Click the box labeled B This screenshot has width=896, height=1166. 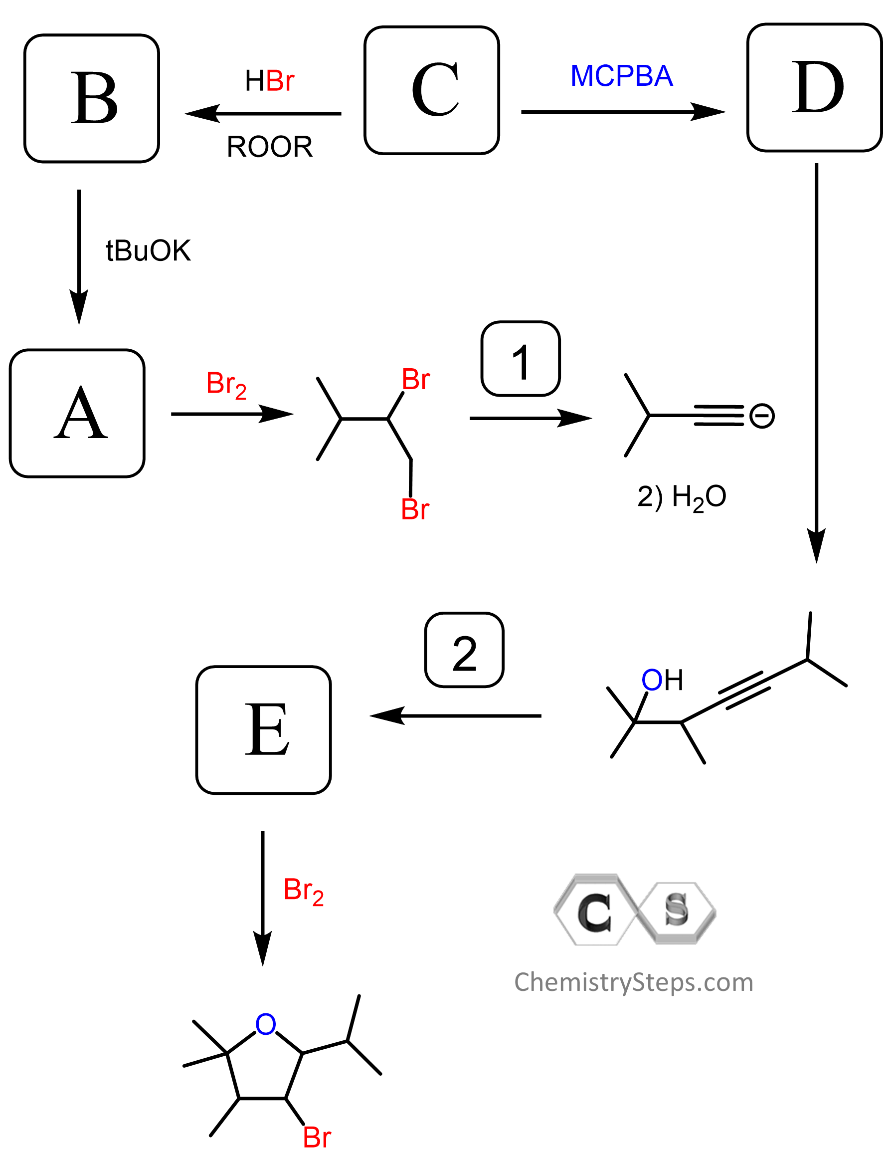92,98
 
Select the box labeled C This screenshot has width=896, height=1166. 431,90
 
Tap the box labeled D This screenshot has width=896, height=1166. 814,87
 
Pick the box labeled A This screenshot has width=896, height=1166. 77,413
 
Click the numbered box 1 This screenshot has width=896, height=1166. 521,359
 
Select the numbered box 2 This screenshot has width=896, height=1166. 464,650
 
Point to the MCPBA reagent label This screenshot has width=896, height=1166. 621,76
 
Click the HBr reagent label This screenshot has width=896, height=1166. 269,81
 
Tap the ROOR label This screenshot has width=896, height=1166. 269,147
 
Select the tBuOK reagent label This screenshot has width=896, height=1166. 148,250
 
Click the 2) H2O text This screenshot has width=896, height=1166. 682,497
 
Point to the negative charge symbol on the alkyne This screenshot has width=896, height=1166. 761,416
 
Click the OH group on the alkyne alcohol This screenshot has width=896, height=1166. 662,680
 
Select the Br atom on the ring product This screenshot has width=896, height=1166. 317,1137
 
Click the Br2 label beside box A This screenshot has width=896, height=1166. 226,384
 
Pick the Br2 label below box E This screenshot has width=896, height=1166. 304,891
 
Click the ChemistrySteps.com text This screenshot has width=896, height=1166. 634,982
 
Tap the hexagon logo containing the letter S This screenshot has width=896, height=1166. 676,912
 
